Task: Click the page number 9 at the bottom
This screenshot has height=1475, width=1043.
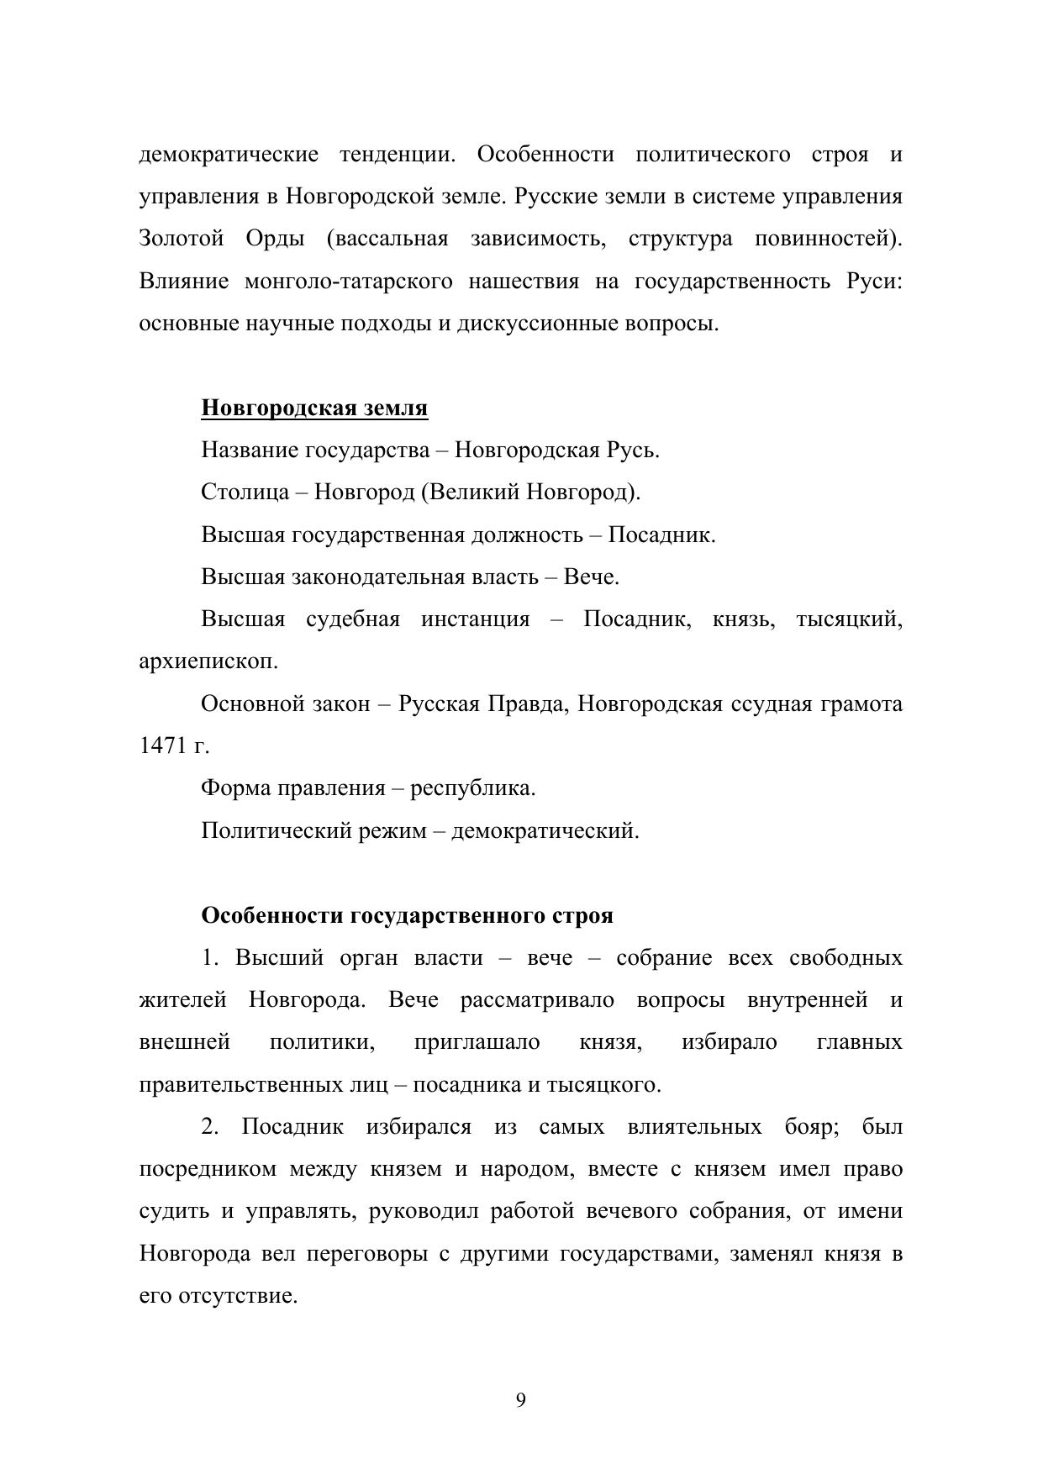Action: click(521, 1400)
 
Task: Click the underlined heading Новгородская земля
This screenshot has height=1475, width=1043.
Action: click(314, 408)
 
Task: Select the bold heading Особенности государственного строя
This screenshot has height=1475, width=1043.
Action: click(407, 915)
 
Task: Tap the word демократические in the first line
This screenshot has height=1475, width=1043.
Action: click(229, 155)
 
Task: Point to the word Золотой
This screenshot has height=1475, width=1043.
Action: click(182, 240)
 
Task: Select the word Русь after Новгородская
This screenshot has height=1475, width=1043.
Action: click(631, 450)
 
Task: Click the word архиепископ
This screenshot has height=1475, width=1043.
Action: click(208, 661)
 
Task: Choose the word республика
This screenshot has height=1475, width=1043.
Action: click(472, 788)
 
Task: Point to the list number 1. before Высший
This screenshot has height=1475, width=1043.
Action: click(210, 958)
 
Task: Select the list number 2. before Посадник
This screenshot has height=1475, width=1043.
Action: click(210, 1127)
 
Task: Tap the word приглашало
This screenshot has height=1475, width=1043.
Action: click(477, 1043)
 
